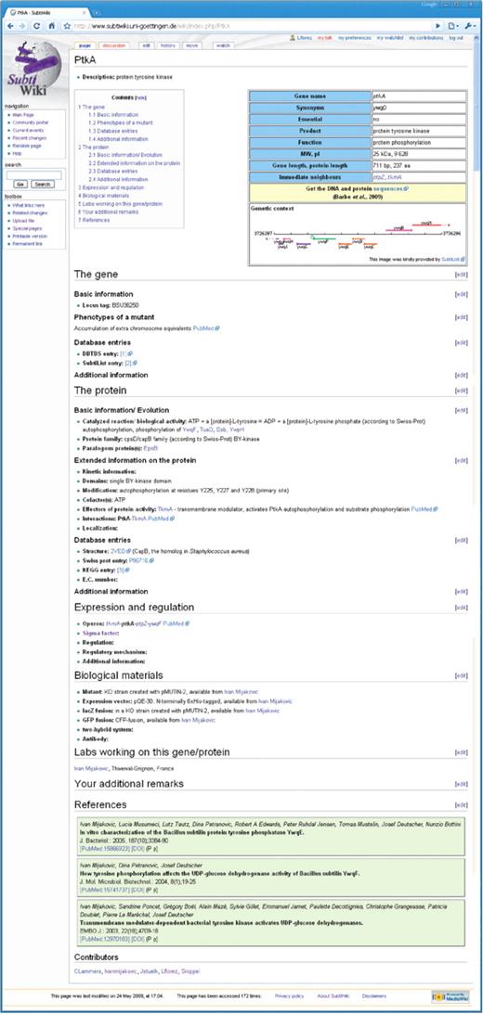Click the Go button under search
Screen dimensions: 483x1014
[20, 184]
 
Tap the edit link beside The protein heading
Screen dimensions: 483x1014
[461, 391]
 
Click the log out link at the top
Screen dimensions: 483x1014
[455, 37]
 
